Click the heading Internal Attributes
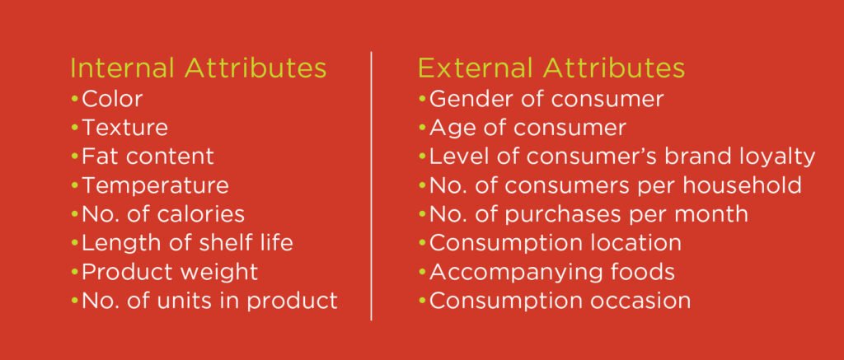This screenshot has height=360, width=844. (198, 68)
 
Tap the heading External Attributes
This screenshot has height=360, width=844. (551, 68)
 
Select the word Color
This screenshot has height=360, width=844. (112, 99)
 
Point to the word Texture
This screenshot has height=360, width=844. (124, 128)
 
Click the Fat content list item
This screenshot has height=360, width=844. (148, 157)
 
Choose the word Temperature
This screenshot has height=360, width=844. (155, 186)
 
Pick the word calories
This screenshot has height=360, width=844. (201, 214)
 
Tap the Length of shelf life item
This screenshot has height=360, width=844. (187, 243)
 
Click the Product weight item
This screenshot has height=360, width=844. (170, 273)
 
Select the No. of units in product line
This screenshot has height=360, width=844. (209, 301)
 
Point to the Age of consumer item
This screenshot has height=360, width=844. (527, 128)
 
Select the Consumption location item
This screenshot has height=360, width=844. (556, 243)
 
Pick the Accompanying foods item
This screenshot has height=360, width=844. (551, 273)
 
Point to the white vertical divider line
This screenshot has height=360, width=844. (372, 186)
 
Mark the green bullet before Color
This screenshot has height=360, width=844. (74, 99)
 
